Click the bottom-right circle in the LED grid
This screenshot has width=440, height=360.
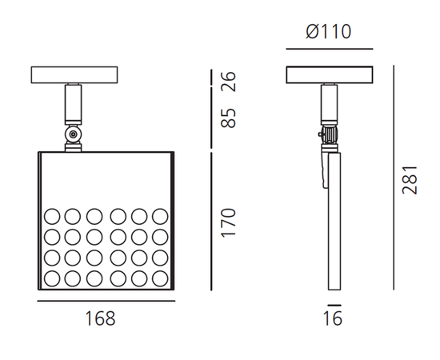click(x=159, y=279)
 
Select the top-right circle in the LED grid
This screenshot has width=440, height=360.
click(x=159, y=217)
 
